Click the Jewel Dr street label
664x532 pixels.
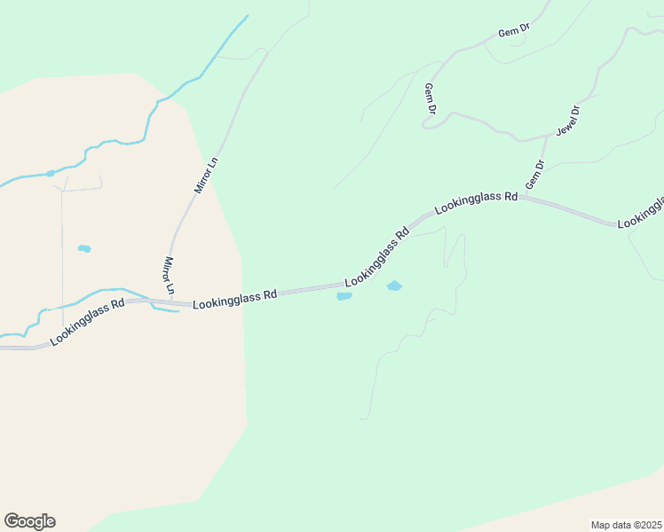(568, 121)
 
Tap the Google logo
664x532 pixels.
(29, 521)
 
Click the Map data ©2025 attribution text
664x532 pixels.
(627, 525)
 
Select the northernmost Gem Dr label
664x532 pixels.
(514, 31)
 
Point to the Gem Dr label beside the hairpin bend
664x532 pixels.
(431, 98)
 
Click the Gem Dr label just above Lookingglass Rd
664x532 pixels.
(534, 175)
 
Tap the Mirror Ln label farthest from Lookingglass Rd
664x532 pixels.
(206, 176)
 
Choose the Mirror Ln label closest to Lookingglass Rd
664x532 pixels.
(170, 276)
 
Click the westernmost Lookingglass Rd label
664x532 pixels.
(87, 322)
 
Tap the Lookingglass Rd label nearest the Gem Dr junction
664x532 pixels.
(476, 203)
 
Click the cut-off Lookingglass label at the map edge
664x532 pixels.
(641, 213)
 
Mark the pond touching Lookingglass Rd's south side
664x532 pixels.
(344, 296)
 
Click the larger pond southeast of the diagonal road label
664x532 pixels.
(394, 286)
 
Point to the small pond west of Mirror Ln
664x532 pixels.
(84, 248)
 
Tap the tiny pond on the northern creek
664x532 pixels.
(51, 173)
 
